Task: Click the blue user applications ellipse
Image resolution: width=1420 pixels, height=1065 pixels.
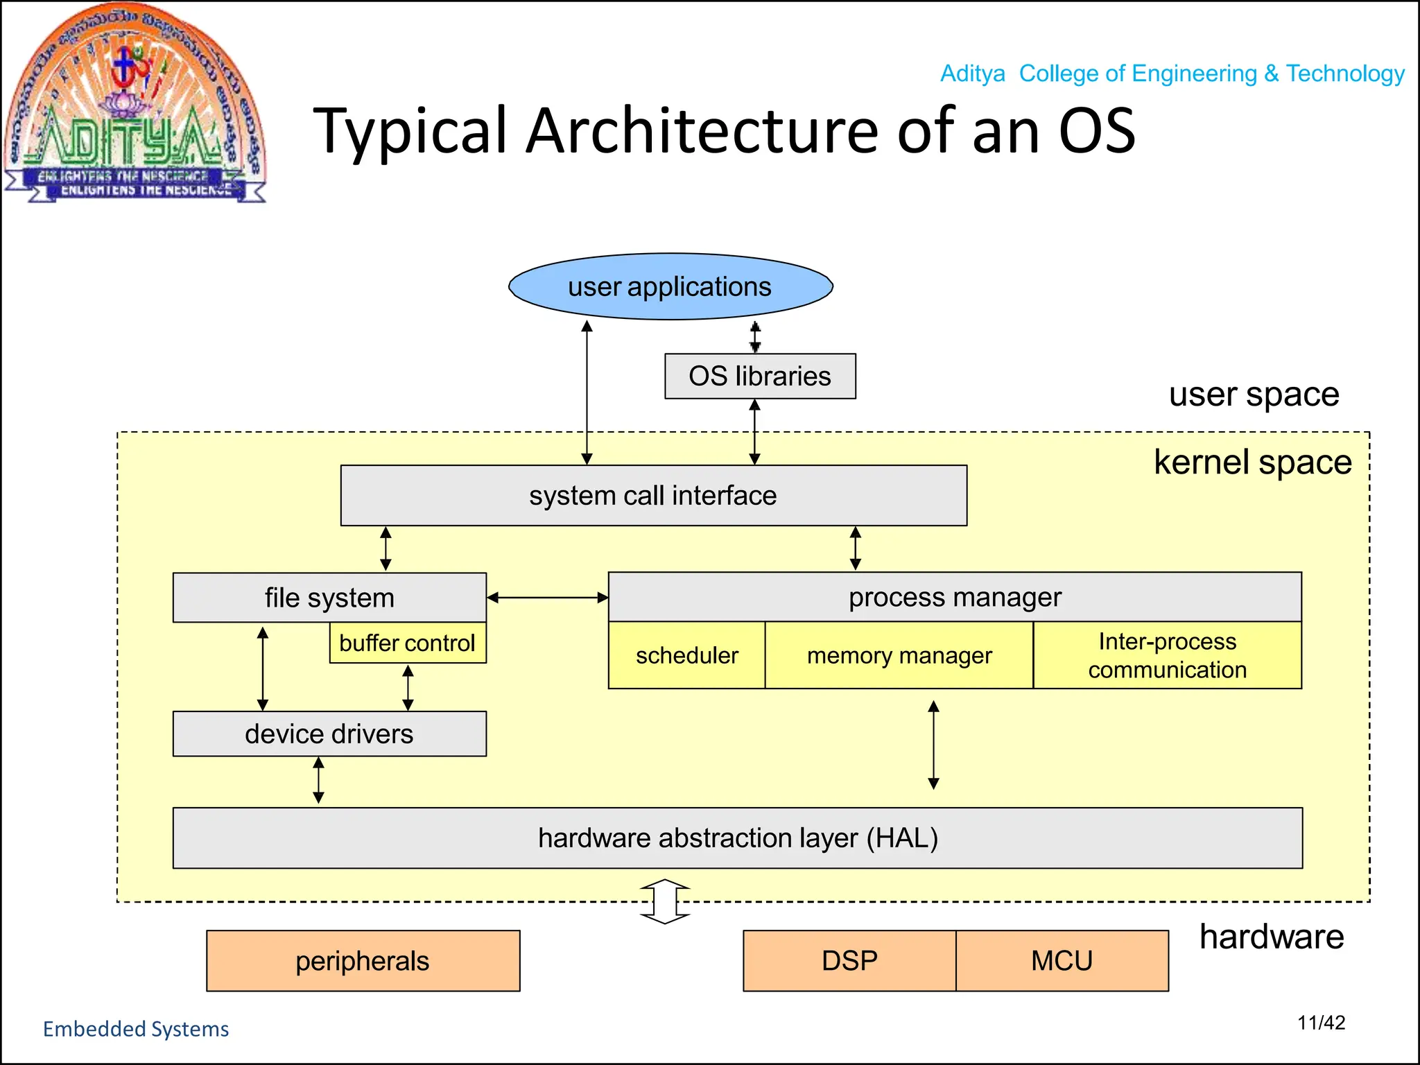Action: tap(670, 286)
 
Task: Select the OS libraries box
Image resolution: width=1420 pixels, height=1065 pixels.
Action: tap(760, 376)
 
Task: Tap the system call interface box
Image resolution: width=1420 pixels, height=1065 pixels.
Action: tap(653, 495)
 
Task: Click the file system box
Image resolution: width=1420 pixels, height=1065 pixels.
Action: tap(329, 598)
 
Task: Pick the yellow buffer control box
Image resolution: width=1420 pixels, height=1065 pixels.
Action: tap(408, 643)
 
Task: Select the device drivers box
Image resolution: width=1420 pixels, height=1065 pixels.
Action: tap(329, 734)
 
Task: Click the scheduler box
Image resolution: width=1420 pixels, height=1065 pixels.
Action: tap(686, 655)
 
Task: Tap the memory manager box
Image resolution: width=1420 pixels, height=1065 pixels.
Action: tap(899, 655)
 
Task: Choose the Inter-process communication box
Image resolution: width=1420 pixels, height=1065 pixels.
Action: tap(1167, 655)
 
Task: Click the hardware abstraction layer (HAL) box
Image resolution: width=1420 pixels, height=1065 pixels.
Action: tap(738, 838)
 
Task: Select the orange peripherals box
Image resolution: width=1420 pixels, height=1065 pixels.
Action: tap(363, 961)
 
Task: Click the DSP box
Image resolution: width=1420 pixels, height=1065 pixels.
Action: tap(849, 961)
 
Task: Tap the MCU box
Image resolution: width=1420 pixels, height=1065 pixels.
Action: tap(1062, 961)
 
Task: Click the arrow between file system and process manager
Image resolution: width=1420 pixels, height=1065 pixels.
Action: tap(547, 598)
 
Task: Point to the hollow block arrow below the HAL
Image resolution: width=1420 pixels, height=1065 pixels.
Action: tap(665, 901)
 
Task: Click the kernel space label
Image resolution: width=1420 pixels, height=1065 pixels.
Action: tap(1252, 462)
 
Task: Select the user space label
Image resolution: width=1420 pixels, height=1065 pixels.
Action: tap(1254, 395)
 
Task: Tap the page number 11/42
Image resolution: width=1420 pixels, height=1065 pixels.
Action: tap(1321, 1023)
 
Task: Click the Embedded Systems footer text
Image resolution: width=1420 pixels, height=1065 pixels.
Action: tap(136, 1029)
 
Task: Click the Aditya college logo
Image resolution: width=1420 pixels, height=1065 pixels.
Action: tap(135, 104)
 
